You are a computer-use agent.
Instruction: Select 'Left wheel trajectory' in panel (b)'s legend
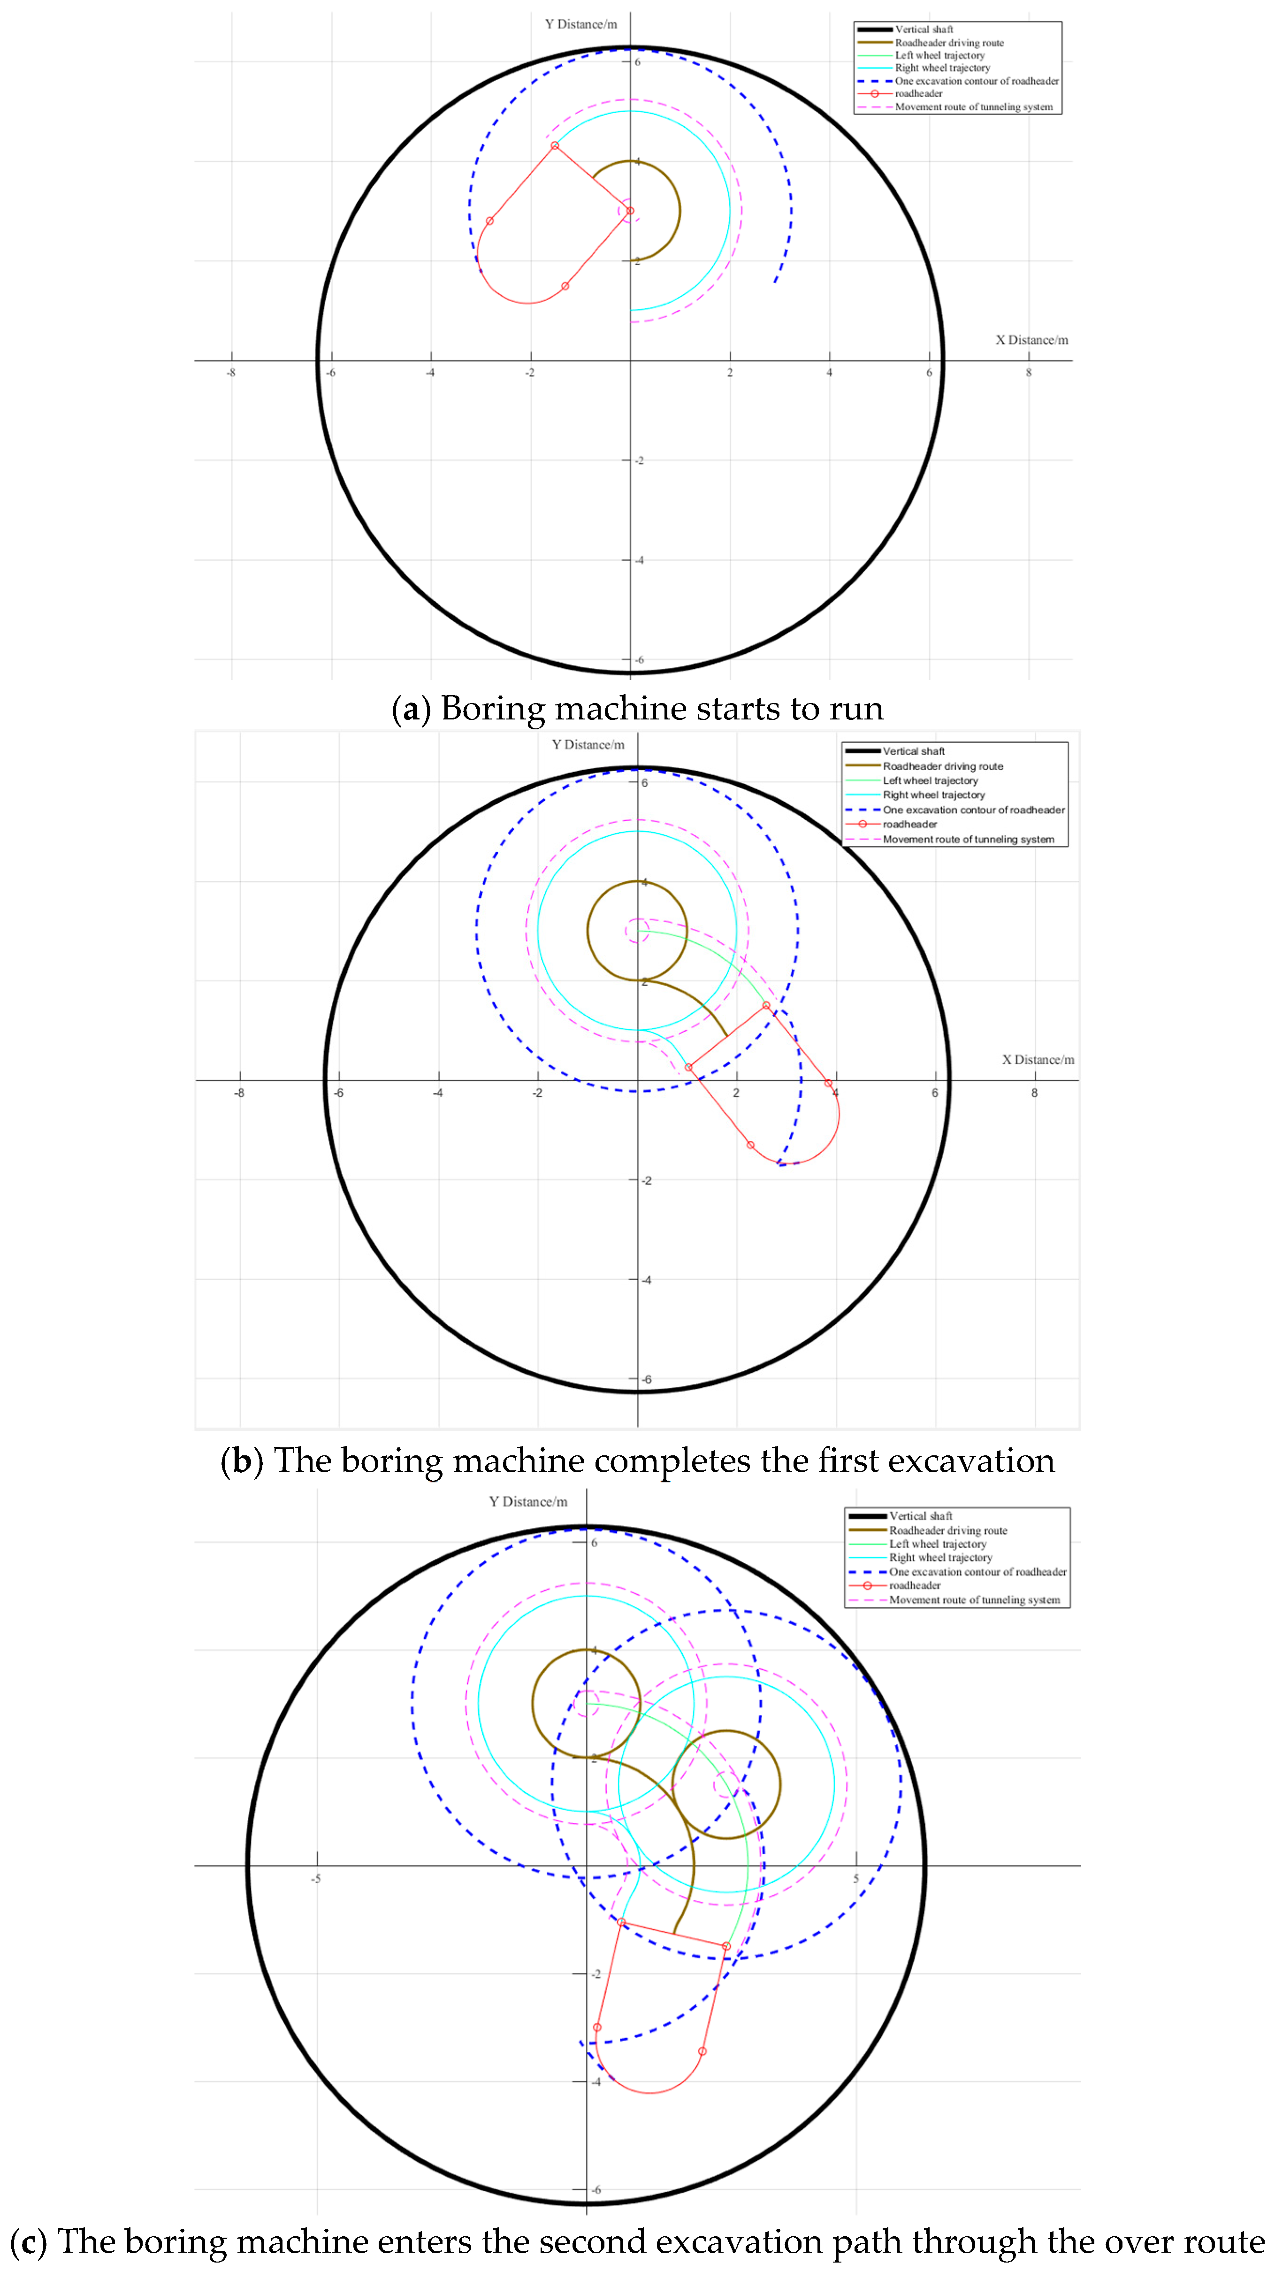[x=930, y=780]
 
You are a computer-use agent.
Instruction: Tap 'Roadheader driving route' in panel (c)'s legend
[x=948, y=1530]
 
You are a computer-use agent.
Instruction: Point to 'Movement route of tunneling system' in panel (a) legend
[x=973, y=107]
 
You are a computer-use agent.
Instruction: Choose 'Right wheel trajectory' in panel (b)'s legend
[x=934, y=795]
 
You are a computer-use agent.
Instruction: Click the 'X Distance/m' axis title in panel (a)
[x=1031, y=339]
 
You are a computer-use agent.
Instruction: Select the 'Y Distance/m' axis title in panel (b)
[x=588, y=744]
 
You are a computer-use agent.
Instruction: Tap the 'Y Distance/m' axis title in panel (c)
[x=528, y=1501]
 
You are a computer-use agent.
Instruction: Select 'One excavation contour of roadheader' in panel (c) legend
[x=977, y=1572]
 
